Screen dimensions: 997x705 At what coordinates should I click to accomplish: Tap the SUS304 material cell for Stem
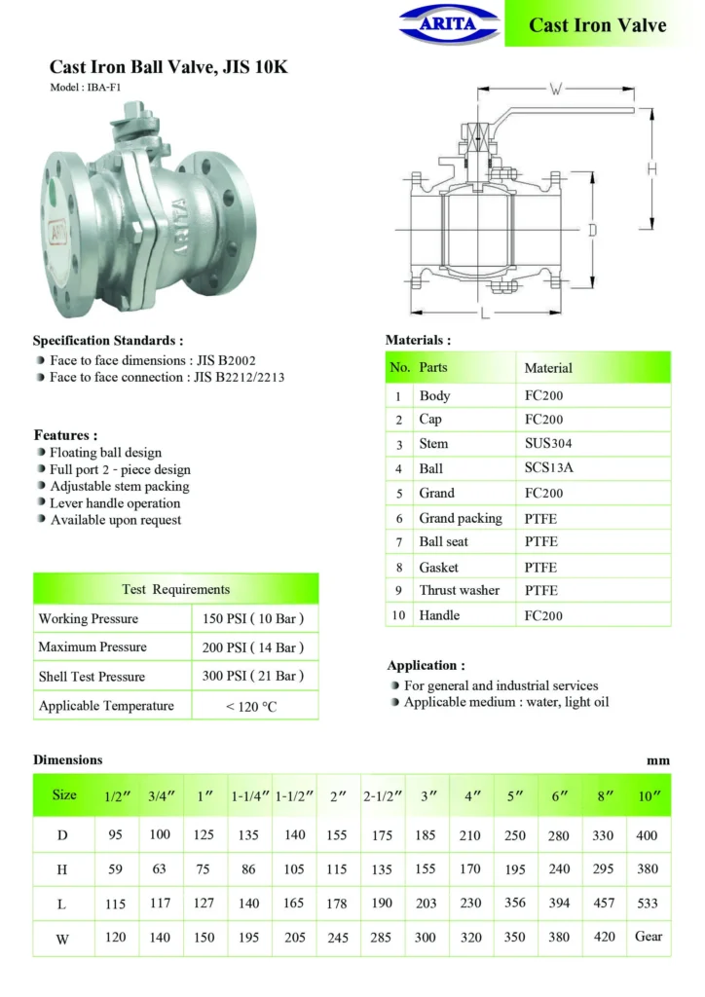tap(545, 443)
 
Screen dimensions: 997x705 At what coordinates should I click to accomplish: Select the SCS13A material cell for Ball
tap(548, 468)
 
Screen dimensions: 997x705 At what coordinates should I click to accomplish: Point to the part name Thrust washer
tap(459, 590)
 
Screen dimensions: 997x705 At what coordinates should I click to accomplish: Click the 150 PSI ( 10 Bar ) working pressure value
tap(252, 618)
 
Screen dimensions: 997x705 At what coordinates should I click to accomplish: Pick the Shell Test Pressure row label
tap(92, 677)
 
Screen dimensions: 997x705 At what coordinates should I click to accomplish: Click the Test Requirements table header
tap(176, 589)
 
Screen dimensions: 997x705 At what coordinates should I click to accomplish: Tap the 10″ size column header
tap(648, 795)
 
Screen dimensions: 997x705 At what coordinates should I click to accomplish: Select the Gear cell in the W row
tap(648, 937)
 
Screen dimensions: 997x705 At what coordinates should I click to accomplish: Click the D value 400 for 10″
tap(648, 835)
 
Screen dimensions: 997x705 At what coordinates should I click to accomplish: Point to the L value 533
tap(648, 903)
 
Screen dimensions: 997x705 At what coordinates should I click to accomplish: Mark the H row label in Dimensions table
tap(63, 869)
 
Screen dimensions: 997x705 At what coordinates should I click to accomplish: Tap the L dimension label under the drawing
tap(484, 313)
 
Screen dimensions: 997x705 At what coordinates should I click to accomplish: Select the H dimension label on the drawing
tap(651, 168)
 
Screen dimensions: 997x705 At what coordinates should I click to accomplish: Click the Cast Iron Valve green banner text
tap(597, 25)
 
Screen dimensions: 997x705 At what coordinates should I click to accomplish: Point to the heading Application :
tap(426, 666)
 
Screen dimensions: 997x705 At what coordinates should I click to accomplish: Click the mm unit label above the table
tap(658, 760)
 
